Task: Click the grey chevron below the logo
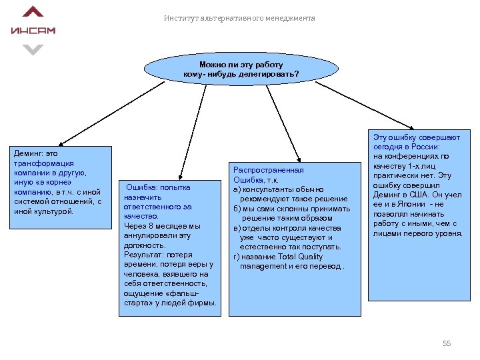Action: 33,49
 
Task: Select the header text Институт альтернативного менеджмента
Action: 239,18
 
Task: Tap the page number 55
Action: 447,343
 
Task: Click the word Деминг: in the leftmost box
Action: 29,153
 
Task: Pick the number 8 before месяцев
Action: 155,226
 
